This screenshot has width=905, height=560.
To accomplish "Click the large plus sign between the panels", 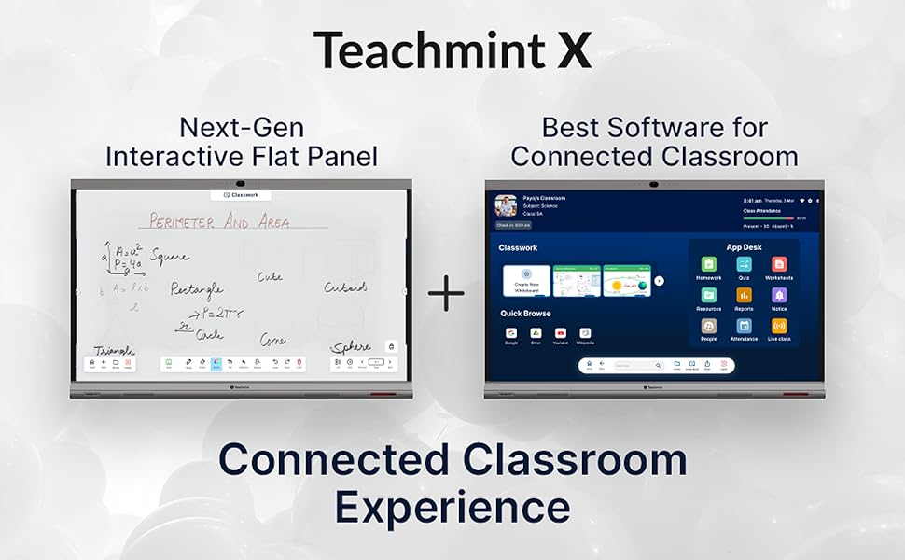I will [x=447, y=295].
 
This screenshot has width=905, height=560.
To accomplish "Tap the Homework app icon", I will [x=708, y=264].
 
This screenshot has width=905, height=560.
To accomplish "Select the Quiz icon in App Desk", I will [x=744, y=264].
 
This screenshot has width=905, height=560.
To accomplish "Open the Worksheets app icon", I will [x=779, y=264].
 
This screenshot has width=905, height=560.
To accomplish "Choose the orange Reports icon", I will [x=744, y=295].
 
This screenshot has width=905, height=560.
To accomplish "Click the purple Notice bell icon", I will [x=779, y=295].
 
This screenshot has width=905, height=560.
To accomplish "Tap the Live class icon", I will [x=779, y=326].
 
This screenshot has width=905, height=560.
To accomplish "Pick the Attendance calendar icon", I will [x=744, y=326].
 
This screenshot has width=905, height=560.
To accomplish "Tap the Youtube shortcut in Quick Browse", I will [x=561, y=333].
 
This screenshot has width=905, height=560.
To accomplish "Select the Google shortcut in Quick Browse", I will [x=511, y=333].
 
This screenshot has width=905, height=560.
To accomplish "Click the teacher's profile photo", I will [x=507, y=206].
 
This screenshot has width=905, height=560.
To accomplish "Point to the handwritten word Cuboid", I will [x=345, y=287].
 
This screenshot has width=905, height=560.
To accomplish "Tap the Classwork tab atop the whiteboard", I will [x=241, y=195].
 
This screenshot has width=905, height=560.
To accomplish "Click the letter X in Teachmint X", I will [x=572, y=50].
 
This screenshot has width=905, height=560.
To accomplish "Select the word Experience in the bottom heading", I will [x=452, y=508].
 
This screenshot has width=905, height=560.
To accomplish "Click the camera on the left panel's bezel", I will [x=241, y=183].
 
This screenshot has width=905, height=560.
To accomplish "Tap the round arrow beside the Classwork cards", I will [x=659, y=280].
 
